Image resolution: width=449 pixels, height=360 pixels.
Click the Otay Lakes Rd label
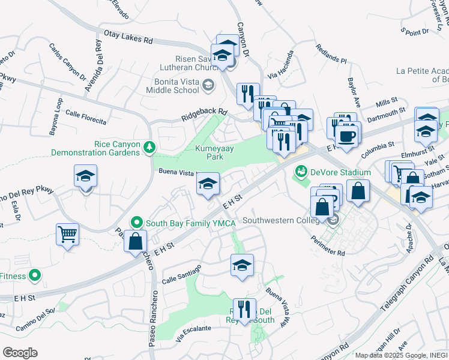click(x=128, y=37)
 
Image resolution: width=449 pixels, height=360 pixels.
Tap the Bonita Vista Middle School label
click(x=172, y=85)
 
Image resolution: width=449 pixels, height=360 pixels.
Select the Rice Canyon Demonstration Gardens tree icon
click(x=148, y=146)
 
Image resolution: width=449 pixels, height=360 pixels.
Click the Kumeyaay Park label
click(x=209, y=152)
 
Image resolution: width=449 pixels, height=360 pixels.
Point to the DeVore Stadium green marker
click(x=300, y=173)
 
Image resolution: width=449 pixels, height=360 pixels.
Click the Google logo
click(x=20, y=353)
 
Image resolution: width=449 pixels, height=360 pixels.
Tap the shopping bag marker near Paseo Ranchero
click(x=136, y=241)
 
